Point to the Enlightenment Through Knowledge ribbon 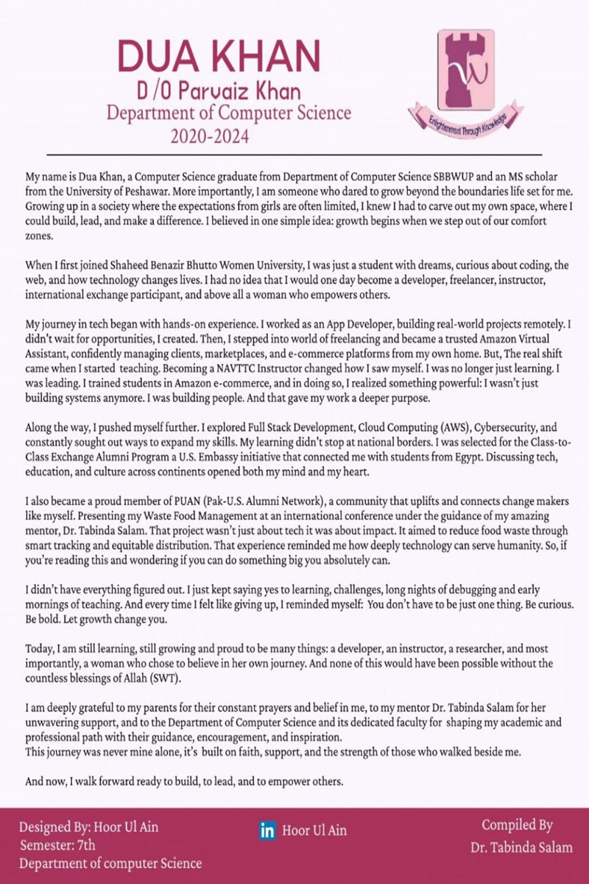tap(465, 122)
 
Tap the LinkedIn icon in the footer tap(268, 831)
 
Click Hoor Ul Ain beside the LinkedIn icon tap(314, 831)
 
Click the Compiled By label tap(517, 826)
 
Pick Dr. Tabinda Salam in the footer tap(521, 848)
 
